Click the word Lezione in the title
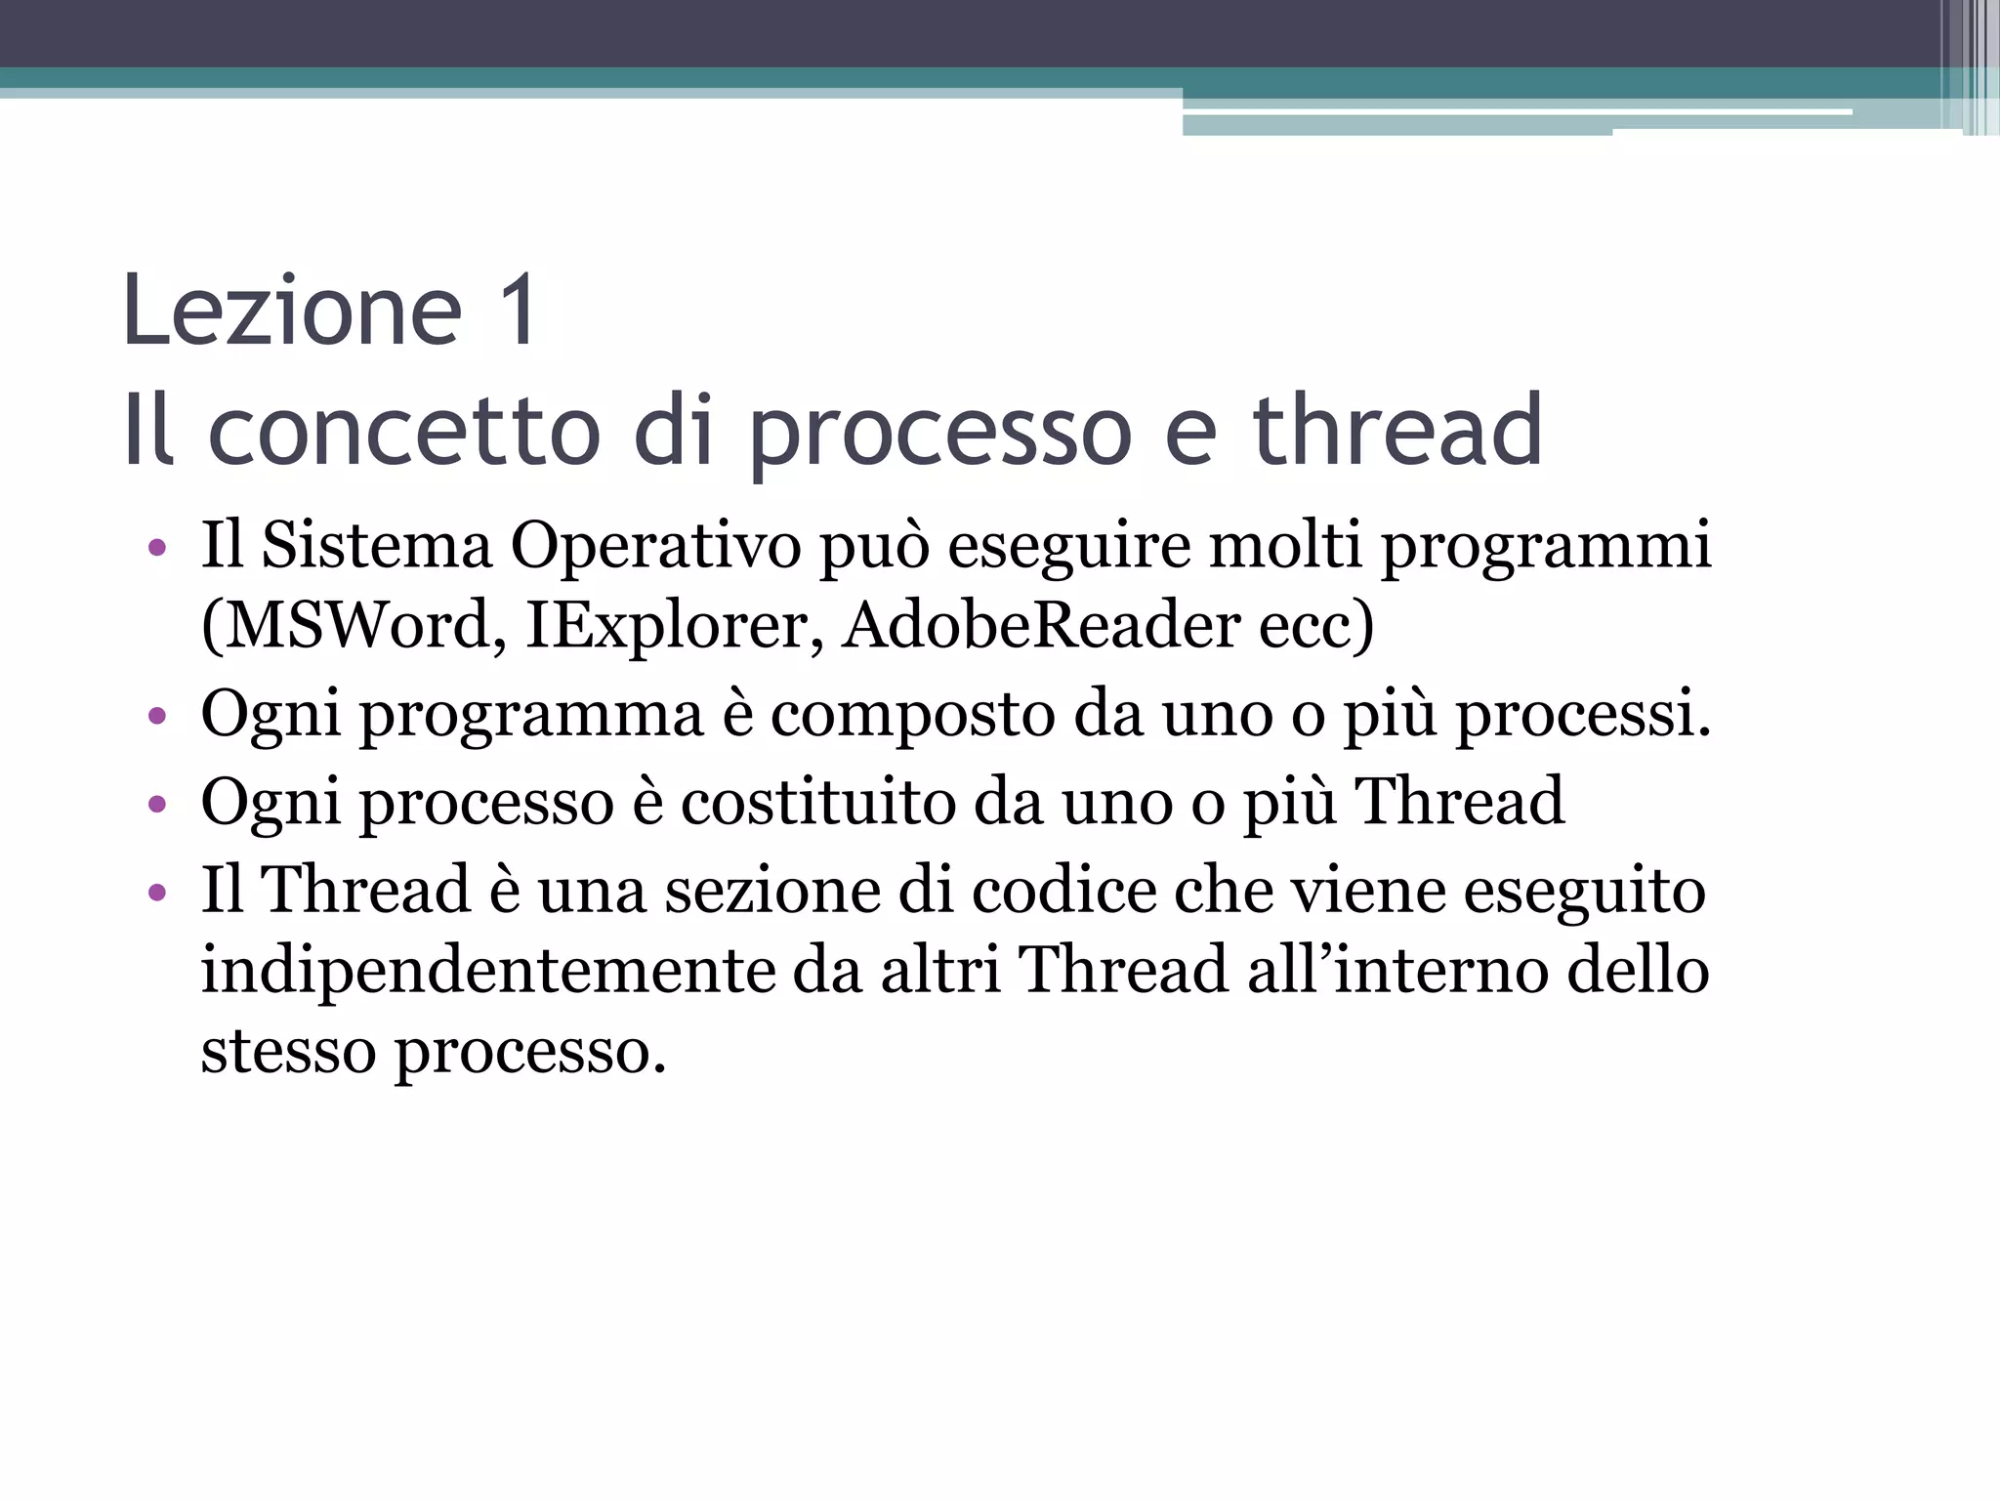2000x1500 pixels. tap(292, 311)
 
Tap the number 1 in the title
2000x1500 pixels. tap(517, 311)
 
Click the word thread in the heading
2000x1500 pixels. tap(1396, 431)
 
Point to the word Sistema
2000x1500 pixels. tap(376, 545)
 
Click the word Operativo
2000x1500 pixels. tap(655, 545)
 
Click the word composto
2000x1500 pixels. tap(913, 715)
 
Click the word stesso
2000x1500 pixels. tap(288, 1051)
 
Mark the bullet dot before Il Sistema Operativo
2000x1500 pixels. tap(157, 548)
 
